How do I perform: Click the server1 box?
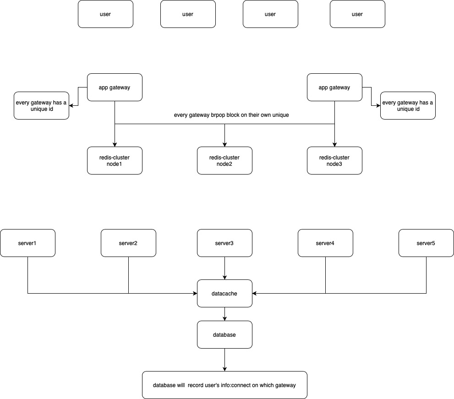point(27,243)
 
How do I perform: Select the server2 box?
point(128,243)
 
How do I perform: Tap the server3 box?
point(224,243)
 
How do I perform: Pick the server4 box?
point(325,243)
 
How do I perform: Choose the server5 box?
point(426,243)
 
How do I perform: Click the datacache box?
point(224,293)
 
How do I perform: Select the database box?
point(224,334)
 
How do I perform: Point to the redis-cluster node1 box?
point(115,160)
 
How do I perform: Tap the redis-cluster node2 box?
point(224,160)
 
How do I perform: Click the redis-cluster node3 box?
point(334,160)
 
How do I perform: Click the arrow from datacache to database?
point(224,314)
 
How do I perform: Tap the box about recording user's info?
point(224,385)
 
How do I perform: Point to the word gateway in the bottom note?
point(285,385)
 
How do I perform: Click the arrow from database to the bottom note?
point(224,360)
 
